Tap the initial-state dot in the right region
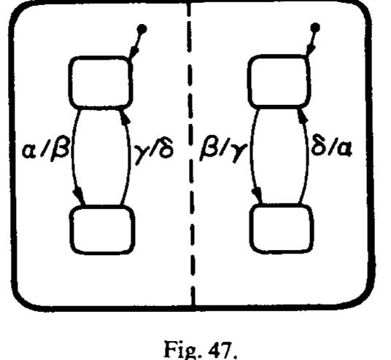tap(314, 29)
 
